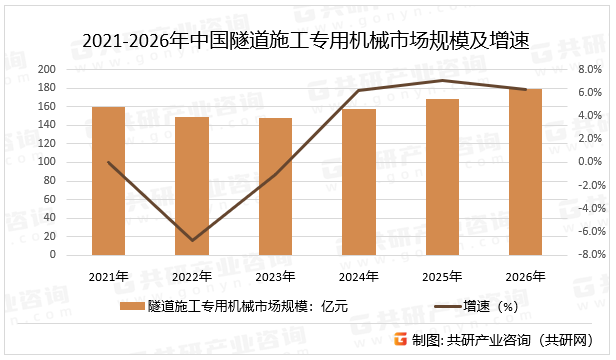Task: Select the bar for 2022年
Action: [x=192, y=186]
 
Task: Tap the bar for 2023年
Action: [x=275, y=186]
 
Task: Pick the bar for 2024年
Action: [x=359, y=182]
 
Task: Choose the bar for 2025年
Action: [x=442, y=177]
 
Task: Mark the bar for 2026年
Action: [x=526, y=172]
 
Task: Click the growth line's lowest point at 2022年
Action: [x=192, y=240]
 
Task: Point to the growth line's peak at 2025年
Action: [x=442, y=80]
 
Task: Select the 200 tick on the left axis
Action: [x=47, y=69]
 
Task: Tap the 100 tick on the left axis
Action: [x=47, y=162]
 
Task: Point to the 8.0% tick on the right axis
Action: [x=565, y=69]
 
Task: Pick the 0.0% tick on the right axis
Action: [x=565, y=162]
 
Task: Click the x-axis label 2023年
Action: [x=275, y=276]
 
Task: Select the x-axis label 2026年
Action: [x=526, y=276]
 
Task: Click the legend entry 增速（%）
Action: [x=491, y=307]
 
